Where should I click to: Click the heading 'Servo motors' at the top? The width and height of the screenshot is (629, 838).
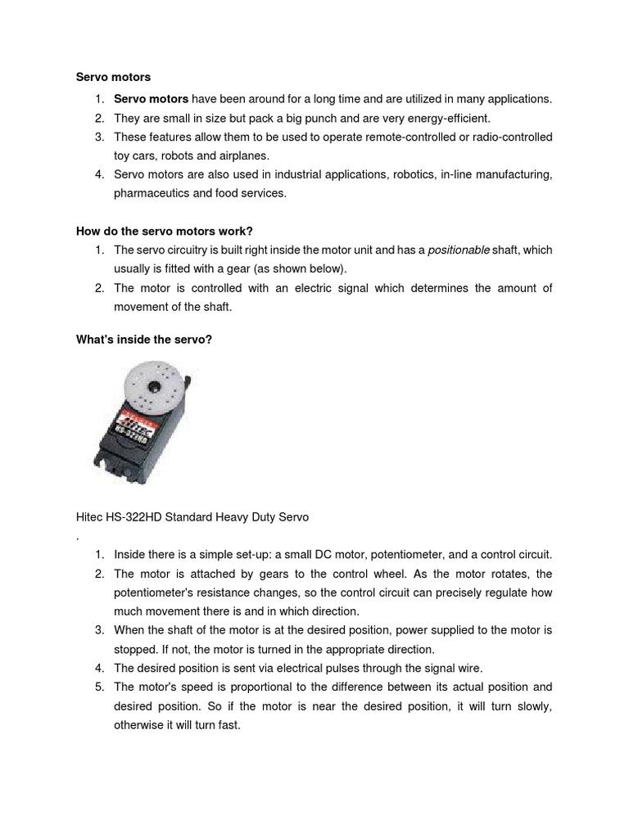pos(113,77)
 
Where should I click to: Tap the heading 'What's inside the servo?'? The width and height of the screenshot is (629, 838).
pos(143,339)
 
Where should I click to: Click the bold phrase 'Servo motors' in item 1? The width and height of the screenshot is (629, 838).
pos(151,99)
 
